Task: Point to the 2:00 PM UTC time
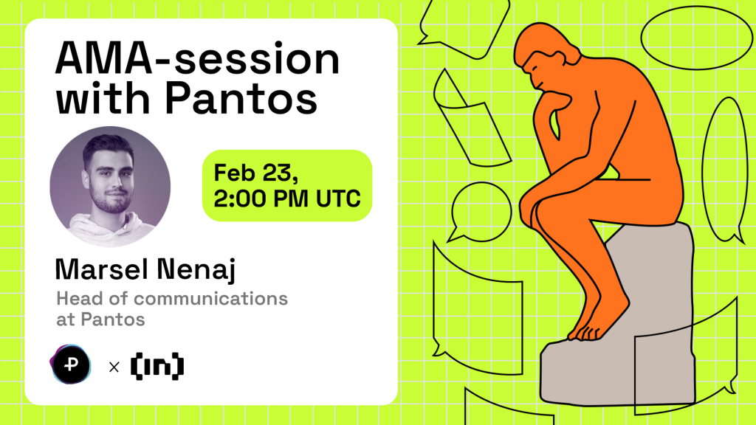287,197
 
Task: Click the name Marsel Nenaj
144,269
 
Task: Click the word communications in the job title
211,299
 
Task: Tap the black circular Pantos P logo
73,365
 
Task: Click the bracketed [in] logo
157,365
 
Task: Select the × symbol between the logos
114,366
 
